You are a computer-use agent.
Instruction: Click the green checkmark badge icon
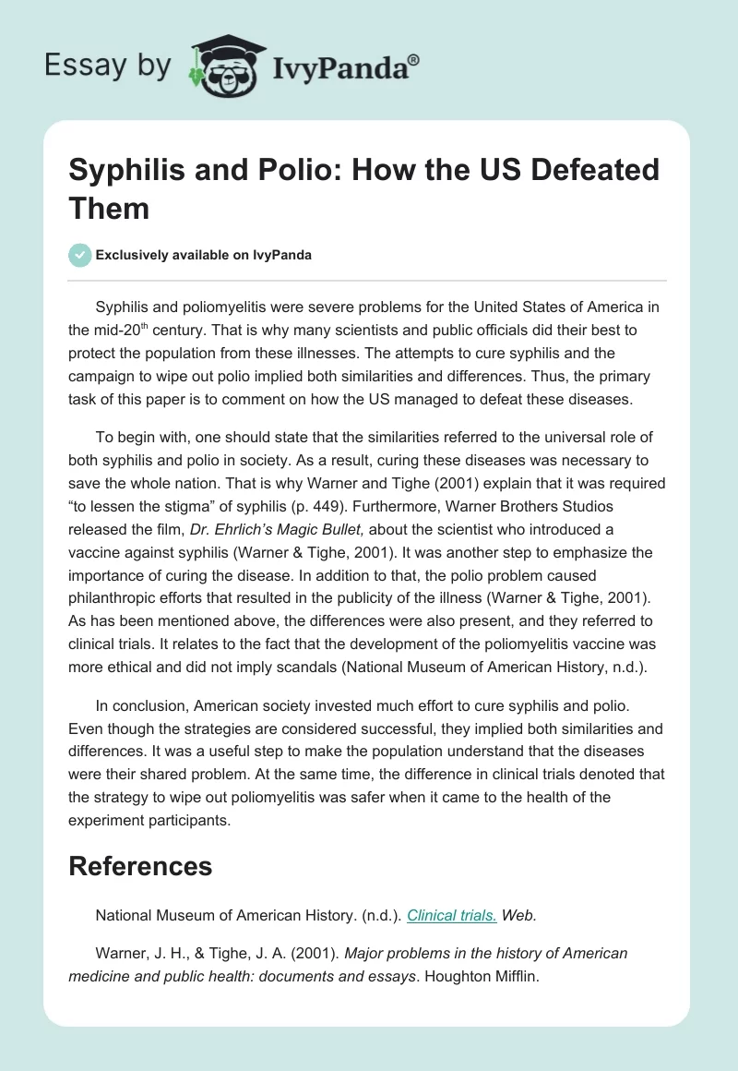pos(80,255)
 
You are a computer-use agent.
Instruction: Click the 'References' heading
pos(140,865)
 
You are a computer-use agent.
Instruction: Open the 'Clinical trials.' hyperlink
pos(452,915)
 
